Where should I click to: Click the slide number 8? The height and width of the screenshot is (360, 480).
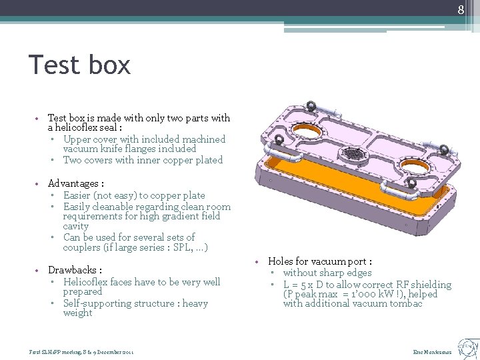coord(460,9)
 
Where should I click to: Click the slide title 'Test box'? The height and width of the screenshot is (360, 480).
coord(80,65)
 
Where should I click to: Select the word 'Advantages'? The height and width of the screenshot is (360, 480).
coord(73,183)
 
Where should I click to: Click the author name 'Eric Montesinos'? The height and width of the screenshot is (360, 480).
coord(433,351)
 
